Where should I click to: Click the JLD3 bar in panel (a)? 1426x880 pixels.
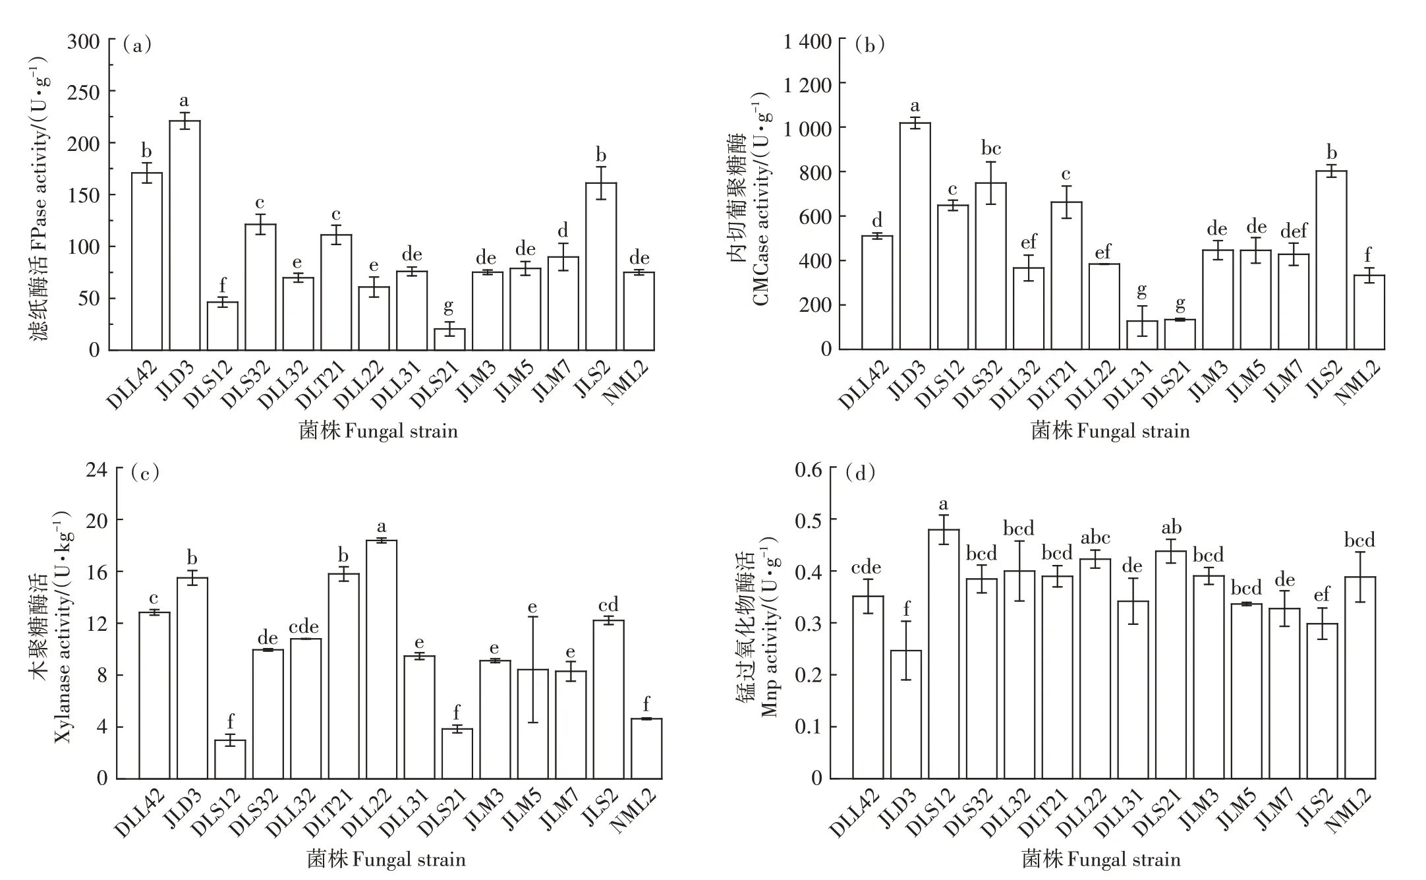(185, 235)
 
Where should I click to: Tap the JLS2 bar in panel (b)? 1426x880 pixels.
(1331, 260)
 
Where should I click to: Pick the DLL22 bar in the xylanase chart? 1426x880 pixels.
(382, 659)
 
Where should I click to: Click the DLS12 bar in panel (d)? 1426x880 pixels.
(944, 653)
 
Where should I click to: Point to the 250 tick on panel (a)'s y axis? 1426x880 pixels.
(84, 92)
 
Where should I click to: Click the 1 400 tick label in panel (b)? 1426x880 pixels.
(807, 42)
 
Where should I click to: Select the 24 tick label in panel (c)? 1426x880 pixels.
(98, 469)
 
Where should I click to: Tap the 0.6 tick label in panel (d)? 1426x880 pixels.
(809, 470)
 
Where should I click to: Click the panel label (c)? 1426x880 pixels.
(145, 473)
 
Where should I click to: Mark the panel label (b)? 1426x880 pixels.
(869, 45)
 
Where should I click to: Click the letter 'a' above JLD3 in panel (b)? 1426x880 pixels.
(915, 106)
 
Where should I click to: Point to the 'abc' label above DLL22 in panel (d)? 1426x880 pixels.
(1095, 538)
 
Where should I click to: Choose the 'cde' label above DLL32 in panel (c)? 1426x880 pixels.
(304, 626)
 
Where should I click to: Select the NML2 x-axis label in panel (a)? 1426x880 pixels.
(625, 383)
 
